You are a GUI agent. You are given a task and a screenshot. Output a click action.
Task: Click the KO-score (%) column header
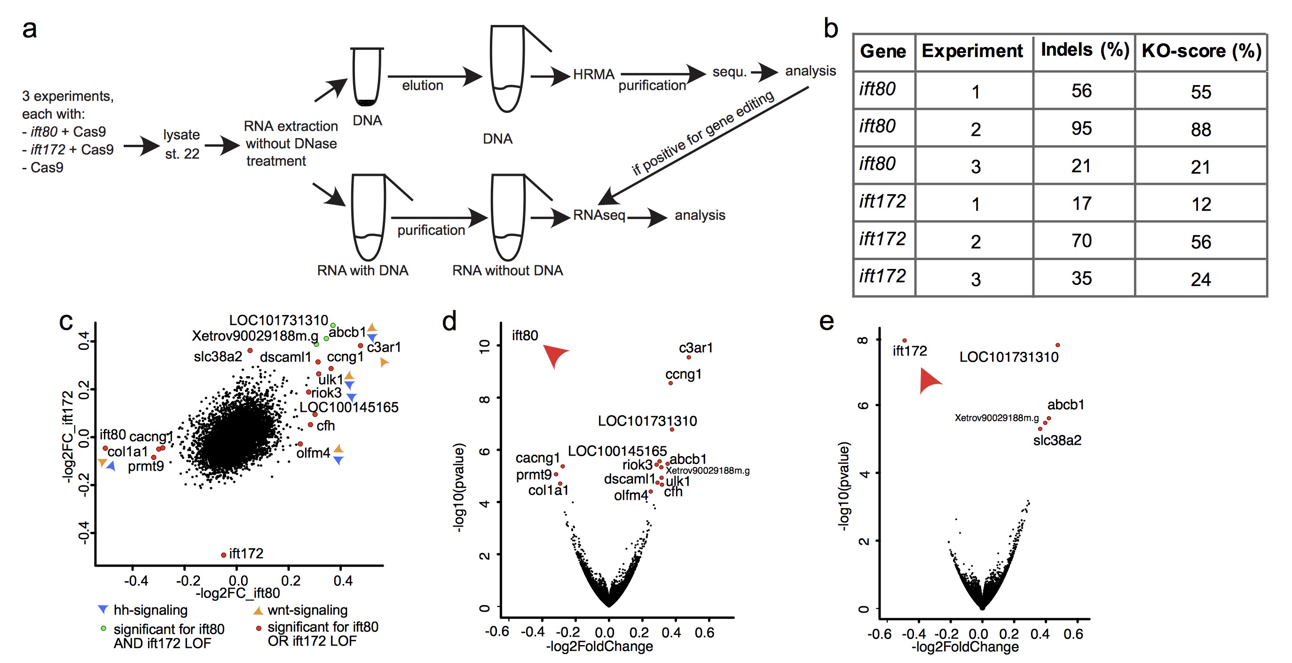click(x=1201, y=51)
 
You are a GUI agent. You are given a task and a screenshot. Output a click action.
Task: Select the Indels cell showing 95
click(x=1081, y=128)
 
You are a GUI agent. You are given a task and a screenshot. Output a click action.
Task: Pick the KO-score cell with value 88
click(x=1201, y=129)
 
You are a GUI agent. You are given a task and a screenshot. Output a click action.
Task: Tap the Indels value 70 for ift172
click(x=1081, y=241)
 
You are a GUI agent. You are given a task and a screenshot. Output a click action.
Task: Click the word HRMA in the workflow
click(x=593, y=75)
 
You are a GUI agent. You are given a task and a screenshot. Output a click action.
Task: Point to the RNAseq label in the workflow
click(x=599, y=215)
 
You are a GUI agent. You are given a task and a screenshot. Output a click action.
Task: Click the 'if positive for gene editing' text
click(x=702, y=133)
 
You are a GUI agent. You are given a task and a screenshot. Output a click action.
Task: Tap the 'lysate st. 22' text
click(x=181, y=144)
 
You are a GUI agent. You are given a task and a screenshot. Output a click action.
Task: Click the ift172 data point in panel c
click(x=224, y=555)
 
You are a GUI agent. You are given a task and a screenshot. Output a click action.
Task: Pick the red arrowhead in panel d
click(x=555, y=355)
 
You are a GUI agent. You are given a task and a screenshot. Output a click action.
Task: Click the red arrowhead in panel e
click(x=929, y=381)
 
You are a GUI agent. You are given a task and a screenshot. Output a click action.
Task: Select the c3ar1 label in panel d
click(x=695, y=347)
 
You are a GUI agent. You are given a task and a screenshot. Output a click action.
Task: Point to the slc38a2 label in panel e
click(x=1057, y=440)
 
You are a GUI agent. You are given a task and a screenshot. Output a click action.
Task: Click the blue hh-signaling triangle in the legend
click(x=103, y=609)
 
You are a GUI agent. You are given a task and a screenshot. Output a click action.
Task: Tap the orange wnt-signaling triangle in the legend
click(x=258, y=610)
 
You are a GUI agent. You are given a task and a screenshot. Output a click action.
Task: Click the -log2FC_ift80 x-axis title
click(x=238, y=593)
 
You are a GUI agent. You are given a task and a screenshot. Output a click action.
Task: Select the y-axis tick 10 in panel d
click(x=484, y=346)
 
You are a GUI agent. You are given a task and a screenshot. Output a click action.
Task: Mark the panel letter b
click(x=831, y=29)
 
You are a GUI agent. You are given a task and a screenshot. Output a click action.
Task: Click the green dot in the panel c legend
click(x=103, y=628)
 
